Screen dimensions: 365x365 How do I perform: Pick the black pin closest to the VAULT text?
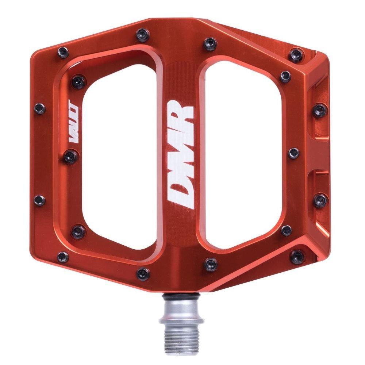pos(69,157)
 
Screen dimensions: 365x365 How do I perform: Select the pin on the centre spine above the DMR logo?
pos(210,41)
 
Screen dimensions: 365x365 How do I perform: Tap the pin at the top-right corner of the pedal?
pos(295,55)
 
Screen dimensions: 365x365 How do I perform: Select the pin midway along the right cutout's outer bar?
pos(293,153)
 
